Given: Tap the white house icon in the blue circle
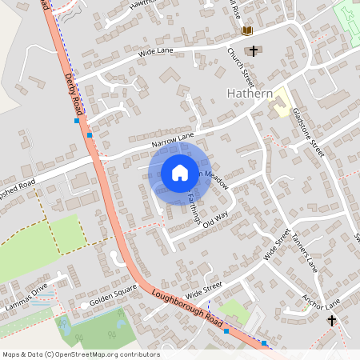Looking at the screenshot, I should click(180, 173).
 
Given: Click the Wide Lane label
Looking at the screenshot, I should click(156, 54).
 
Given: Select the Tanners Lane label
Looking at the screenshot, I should click(305, 253).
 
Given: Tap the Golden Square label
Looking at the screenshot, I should click(108, 300).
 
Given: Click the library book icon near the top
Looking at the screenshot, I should click(246, 30).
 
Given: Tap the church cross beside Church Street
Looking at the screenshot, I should click(254, 51).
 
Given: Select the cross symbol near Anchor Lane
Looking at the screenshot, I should click(332, 320).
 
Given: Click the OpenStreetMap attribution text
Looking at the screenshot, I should click(80, 354).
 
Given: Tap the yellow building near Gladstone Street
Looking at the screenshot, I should click(281, 102).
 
